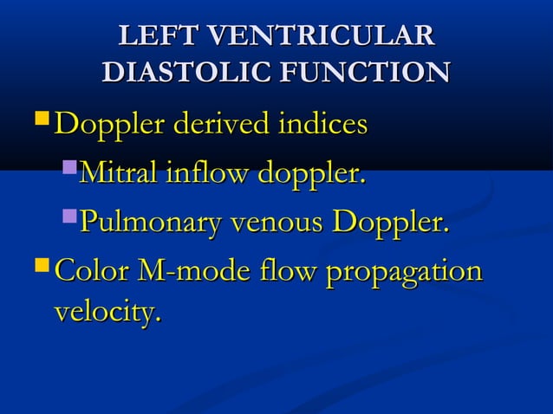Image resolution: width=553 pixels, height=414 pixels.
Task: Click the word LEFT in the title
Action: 157,36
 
